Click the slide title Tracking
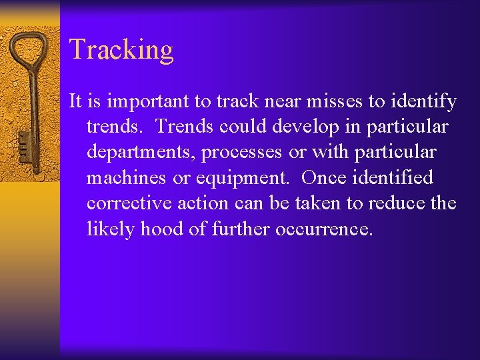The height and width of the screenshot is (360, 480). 121,50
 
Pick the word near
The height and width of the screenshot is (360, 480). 262,101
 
